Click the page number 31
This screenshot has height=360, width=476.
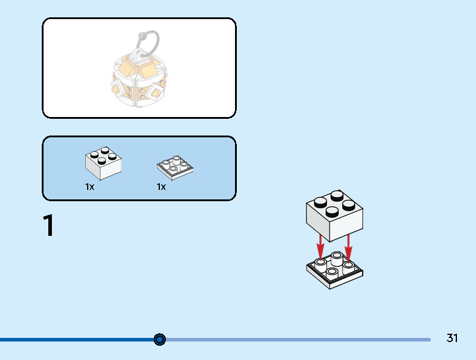pyautogui.click(x=452, y=338)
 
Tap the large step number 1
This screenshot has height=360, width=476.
pyautogui.click(x=48, y=225)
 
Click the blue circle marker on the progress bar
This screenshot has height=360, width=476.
pyautogui.click(x=160, y=339)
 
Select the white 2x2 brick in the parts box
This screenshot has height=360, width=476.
pyautogui.click(x=103, y=163)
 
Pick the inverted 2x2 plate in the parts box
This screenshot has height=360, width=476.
pyautogui.click(x=175, y=168)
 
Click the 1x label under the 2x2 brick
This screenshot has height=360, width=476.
pyautogui.click(x=89, y=186)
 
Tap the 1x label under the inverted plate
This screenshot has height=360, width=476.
pyautogui.click(x=161, y=186)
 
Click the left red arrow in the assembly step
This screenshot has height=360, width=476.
pyautogui.click(x=320, y=248)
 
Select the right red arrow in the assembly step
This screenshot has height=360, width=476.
pyautogui.click(x=348, y=248)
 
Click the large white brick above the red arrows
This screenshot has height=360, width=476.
pyautogui.click(x=334, y=216)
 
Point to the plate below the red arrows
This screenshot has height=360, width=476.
pyautogui.click(x=334, y=270)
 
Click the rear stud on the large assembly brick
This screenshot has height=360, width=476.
pyautogui.click(x=337, y=196)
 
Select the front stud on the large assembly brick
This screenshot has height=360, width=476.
pyautogui.click(x=332, y=212)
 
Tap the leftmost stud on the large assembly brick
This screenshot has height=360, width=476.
pyautogui.click(x=320, y=202)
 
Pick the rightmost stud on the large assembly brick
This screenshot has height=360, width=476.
pyautogui.click(x=349, y=205)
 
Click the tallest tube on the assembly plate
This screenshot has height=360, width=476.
pyautogui.click(x=337, y=259)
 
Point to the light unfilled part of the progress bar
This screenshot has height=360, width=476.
pyautogui.click(x=298, y=340)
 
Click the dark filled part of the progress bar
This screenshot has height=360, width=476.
pyautogui.click(x=77, y=340)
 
